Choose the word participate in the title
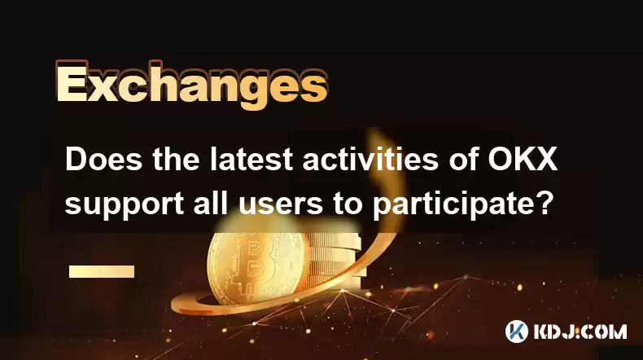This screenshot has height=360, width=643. point(453,204)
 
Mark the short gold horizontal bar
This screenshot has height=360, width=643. point(102,271)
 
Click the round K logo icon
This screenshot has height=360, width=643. point(517,331)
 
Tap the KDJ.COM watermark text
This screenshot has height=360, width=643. point(580,331)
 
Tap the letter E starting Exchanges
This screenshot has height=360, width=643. point(72,86)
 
